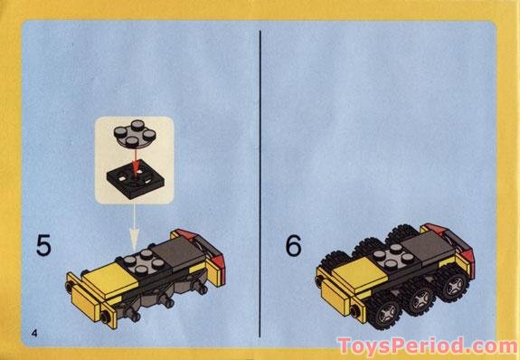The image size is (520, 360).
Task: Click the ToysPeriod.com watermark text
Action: click(426, 345)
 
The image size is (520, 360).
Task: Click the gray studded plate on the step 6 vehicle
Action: click(391, 262)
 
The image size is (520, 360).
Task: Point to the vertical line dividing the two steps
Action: click(260, 181)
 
